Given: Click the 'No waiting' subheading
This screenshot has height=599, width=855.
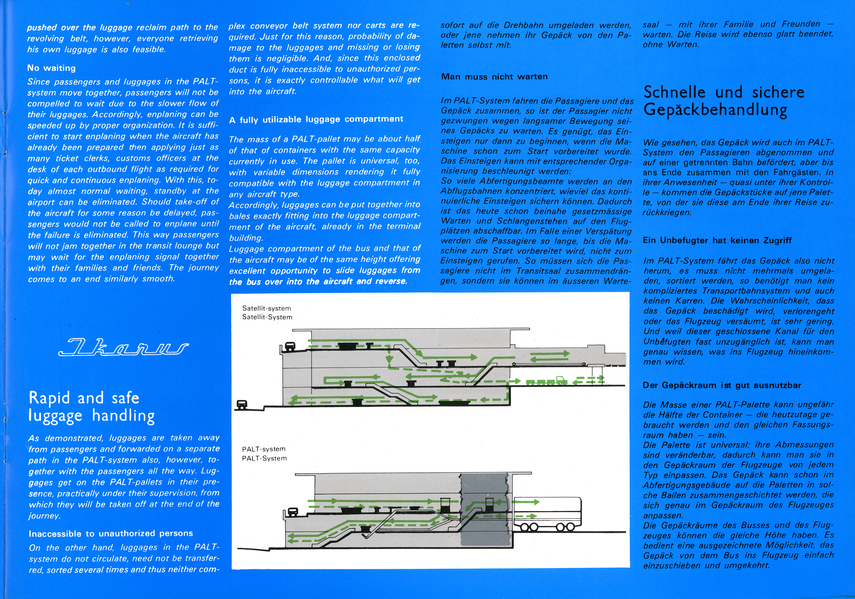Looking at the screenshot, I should [x=51, y=68].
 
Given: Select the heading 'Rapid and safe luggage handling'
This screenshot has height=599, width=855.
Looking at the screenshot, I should [x=91, y=406].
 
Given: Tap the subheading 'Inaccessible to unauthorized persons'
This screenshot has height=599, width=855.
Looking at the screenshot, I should [x=111, y=533].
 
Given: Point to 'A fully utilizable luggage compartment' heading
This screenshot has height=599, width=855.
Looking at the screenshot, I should [x=316, y=119].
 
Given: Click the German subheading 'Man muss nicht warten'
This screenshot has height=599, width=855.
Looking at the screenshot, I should [x=494, y=77].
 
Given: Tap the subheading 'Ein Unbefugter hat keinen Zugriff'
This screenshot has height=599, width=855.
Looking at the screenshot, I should [x=717, y=241].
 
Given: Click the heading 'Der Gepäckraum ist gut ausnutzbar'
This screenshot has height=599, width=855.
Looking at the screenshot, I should [x=722, y=385].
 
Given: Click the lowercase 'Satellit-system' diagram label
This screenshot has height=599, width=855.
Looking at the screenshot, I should [x=267, y=308].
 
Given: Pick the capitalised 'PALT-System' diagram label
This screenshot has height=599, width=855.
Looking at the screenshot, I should [x=264, y=458].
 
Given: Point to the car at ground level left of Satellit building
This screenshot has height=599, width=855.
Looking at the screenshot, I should [x=242, y=404].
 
